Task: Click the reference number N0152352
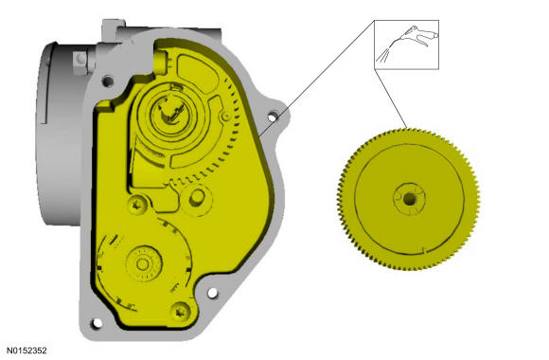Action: click(x=27, y=351)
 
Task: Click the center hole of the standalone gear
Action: click(x=409, y=199)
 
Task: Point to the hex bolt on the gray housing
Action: click(x=80, y=63)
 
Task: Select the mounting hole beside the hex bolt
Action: click(x=108, y=81)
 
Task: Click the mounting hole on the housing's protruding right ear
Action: click(x=273, y=117)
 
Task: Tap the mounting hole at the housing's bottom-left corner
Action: click(x=96, y=323)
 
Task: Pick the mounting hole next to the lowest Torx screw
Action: click(x=212, y=293)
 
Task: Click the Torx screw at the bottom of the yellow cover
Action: click(x=181, y=312)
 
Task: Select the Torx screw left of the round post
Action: click(x=138, y=204)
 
